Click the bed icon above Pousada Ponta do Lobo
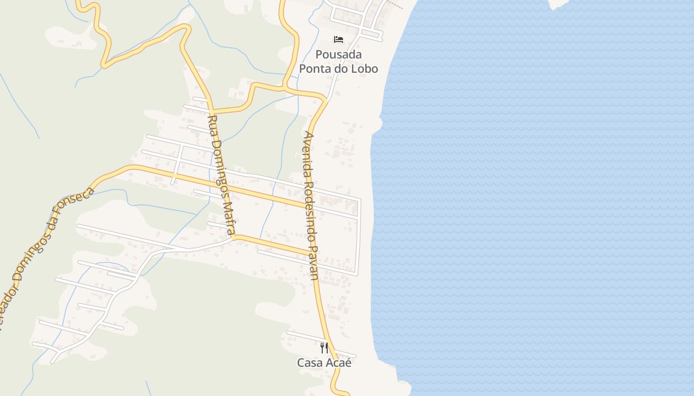pos(339,40)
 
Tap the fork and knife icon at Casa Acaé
pos(324,347)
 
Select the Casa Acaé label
pos(324,363)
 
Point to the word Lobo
pos(364,69)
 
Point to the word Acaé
pos(339,363)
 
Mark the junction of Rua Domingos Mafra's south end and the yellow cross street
pos(233,237)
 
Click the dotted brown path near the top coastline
pos(395,5)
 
